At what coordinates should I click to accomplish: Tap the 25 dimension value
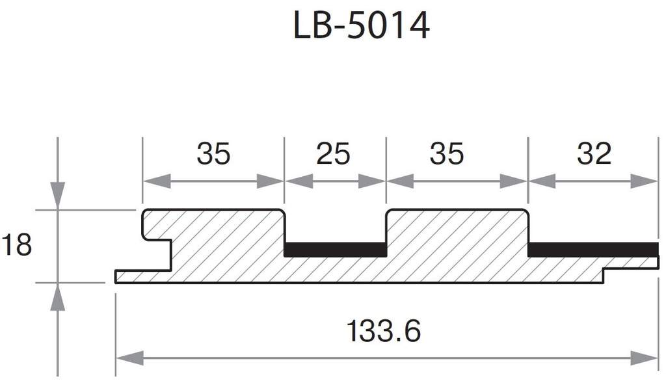pos(333,154)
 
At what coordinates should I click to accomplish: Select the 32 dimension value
pos(594,154)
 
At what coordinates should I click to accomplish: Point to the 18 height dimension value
pos(16,246)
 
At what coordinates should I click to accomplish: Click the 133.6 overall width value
pos(383,332)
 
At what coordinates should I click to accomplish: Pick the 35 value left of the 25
pos(213,154)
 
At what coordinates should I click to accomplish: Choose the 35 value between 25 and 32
pos(447,154)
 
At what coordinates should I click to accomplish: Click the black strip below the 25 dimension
pos(336,250)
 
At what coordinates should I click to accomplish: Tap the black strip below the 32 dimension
pos(593,250)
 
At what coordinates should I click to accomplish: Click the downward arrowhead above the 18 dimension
pos(58,195)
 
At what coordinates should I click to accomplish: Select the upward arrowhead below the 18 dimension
pos(58,298)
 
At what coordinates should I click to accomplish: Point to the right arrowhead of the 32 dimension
pos(645,181)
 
